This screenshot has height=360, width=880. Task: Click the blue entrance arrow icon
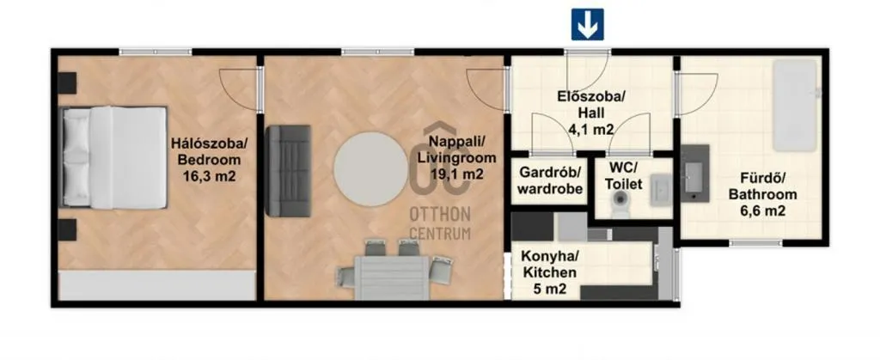click(588, 24)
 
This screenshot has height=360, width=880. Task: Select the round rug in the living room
click(368, 168)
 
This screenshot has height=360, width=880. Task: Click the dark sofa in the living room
click(287, 170)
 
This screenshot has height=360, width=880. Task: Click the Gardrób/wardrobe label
click(549, 180)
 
